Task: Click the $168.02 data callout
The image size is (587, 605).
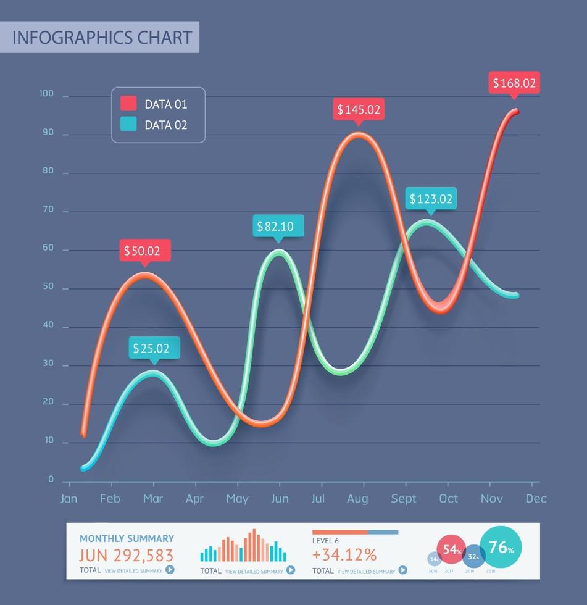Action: pyautogui.click(x=514, y=83)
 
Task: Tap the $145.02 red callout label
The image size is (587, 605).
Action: pyautogui.click(x=358, y=110)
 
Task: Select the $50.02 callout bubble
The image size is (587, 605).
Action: pyautogui.click(x=144, y=251)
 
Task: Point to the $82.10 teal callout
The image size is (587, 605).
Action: pyautogui.click(x=278, y=226)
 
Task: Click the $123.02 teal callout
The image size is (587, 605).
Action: pyautogui.click(x=431, y=199)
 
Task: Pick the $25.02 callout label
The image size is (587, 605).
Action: pyautogui.click(x=154, y=348)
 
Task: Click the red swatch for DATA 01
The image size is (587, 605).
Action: pyautogui.click(x=128, y=104)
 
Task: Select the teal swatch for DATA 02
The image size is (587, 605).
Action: pyautogui.click(x=128, y=124)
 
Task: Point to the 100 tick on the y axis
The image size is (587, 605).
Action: pyautogui.click(x=47, y=94)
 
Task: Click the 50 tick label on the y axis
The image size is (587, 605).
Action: pyautogui.click(x=48, y=286)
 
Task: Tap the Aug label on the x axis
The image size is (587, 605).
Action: pyautogui.click(x=357, y=499)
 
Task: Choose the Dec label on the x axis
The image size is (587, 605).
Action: pyautogui.click(x=536, y=499)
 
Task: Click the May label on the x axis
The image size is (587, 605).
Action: pyautogui.click(x=237, y=499)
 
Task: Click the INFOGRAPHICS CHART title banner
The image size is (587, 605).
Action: pyautogui.click(x=100, y=37)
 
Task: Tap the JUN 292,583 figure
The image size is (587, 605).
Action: pyautogui.click(x=127, y=555)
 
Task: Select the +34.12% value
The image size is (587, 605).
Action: pyautogui.click(x=344, y=554)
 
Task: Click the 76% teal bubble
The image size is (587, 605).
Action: pyautogui.click(x=501, y=547)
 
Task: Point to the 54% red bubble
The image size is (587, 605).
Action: pyautogui.click(x=451, y=549)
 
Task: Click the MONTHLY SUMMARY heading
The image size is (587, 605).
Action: pyautogui.click(x=127, y=538)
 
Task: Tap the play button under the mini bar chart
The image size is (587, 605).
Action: pyautogui.click(x=290, y=570)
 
